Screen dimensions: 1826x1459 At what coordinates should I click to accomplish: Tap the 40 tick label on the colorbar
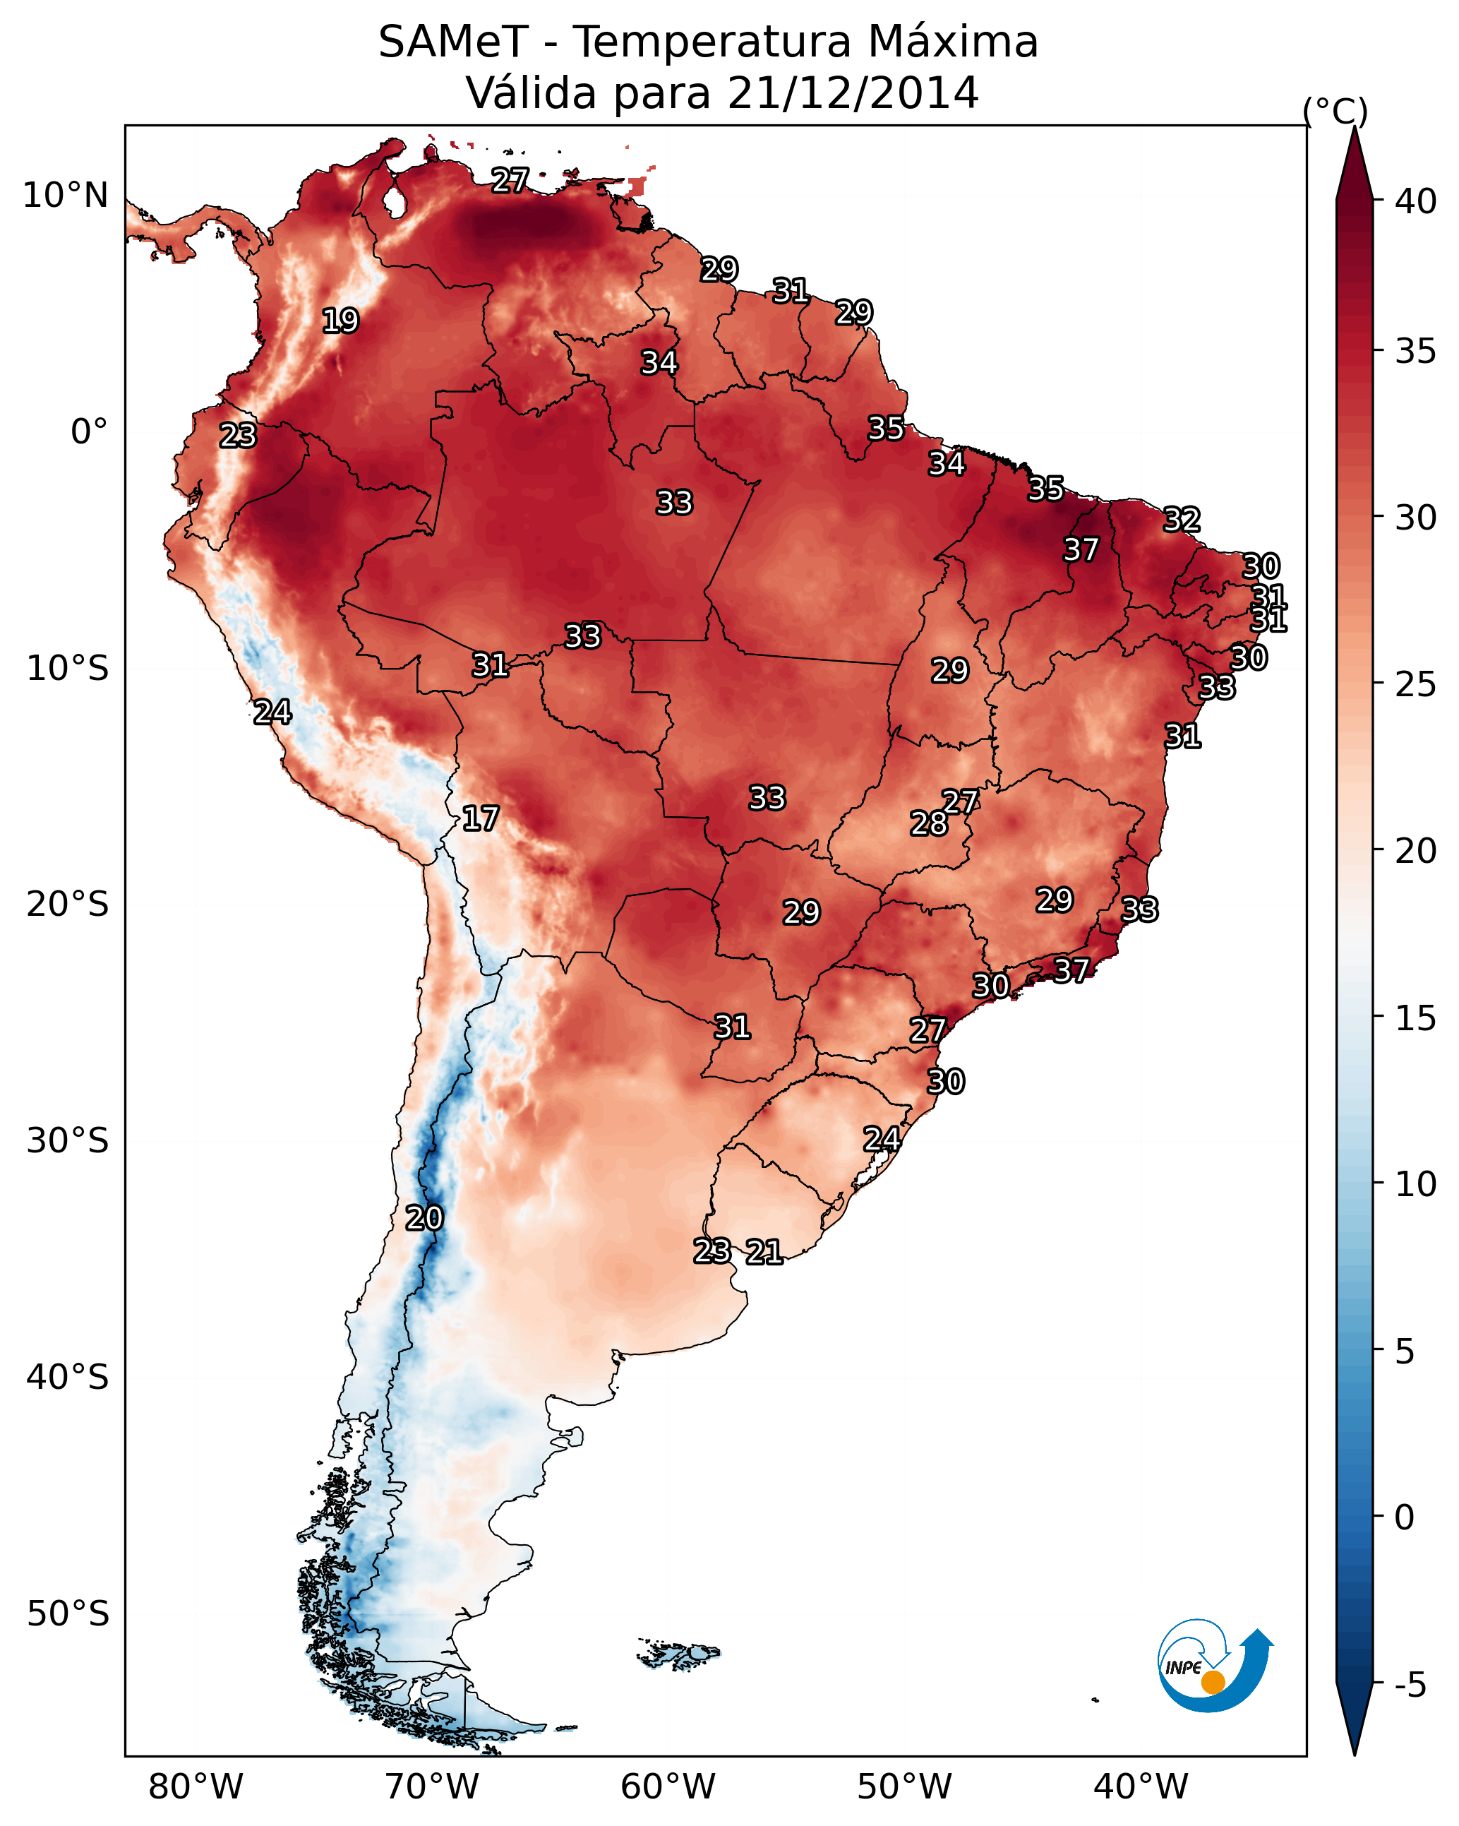pos(1416,201)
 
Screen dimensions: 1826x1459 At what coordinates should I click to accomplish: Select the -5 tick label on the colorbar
pos(1410,1685)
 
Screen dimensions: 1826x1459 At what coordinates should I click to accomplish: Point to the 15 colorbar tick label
pos(1416,1018)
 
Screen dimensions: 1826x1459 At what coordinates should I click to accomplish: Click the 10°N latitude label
pos(65,196)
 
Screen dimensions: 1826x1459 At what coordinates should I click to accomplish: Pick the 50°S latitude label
pos(68,1614)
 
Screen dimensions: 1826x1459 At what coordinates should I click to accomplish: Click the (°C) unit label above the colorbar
pos(1335,111)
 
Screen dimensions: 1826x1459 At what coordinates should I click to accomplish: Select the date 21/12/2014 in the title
pos(853,93)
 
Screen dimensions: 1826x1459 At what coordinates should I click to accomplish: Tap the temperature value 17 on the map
pos(480,819)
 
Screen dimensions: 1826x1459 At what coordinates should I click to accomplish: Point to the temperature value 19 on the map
pos(340,321)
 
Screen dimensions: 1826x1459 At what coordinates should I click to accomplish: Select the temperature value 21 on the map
pos(764,1252)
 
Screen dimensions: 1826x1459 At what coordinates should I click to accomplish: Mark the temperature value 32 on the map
pos(1182,520)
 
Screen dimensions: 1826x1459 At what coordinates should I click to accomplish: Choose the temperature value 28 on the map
pos(929,823)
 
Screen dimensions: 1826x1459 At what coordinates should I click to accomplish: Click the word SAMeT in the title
pos(453,42)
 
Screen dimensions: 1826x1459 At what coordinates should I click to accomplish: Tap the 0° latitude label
pos(89,432)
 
